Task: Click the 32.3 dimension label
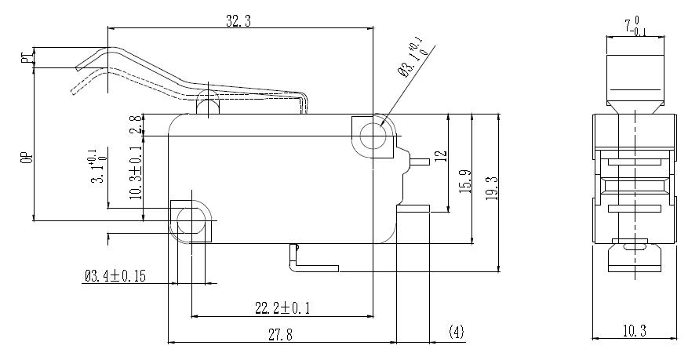(x=238, y=23)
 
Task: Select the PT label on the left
(x=27, y=57)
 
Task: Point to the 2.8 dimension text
(x=136, y=125)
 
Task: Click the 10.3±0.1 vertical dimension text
(x=136, y=173)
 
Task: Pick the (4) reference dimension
(x=456, y=333)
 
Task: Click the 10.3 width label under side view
(x=632, y=332)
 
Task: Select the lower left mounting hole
(x=189, y=220)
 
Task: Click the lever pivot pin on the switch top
(x=208, y=101)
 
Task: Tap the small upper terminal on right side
(x=419, y=162)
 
